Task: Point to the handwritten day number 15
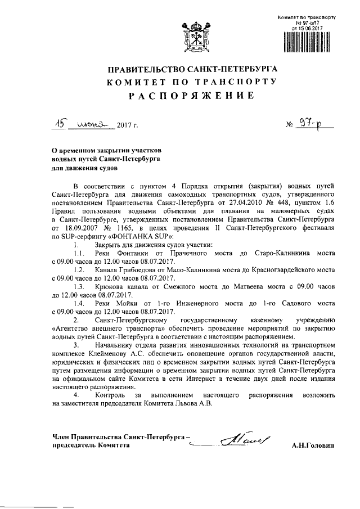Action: [x=56, y=124]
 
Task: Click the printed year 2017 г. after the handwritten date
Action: [x=128, y=127]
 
